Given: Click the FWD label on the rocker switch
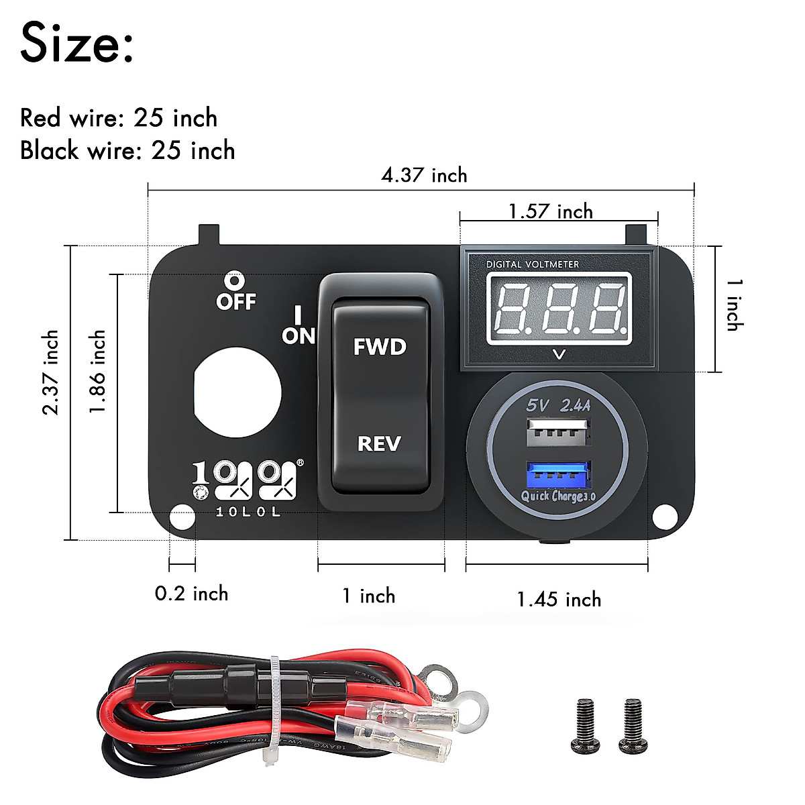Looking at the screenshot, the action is point(380,347).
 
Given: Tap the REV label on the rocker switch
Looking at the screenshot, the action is point(379,443).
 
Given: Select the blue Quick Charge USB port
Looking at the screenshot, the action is point(559,476).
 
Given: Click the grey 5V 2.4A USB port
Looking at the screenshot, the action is point(559,431).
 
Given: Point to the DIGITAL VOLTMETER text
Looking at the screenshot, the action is point(532,264).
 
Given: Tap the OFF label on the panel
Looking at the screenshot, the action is point(235,302).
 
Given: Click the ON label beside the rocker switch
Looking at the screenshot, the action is point(298,335).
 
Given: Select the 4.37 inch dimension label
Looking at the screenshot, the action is point(424,176).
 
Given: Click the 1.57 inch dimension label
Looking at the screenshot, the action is point(550,212).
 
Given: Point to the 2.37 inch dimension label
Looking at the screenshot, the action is point(51,372).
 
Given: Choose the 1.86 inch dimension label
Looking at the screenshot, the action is point(98,371).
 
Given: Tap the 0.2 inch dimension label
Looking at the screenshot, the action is point(191,594).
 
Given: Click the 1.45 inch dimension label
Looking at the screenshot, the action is point(559,599).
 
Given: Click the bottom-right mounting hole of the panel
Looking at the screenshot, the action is point(663,517).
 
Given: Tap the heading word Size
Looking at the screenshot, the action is point(76,44).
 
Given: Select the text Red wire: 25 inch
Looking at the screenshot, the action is point(119,118).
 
